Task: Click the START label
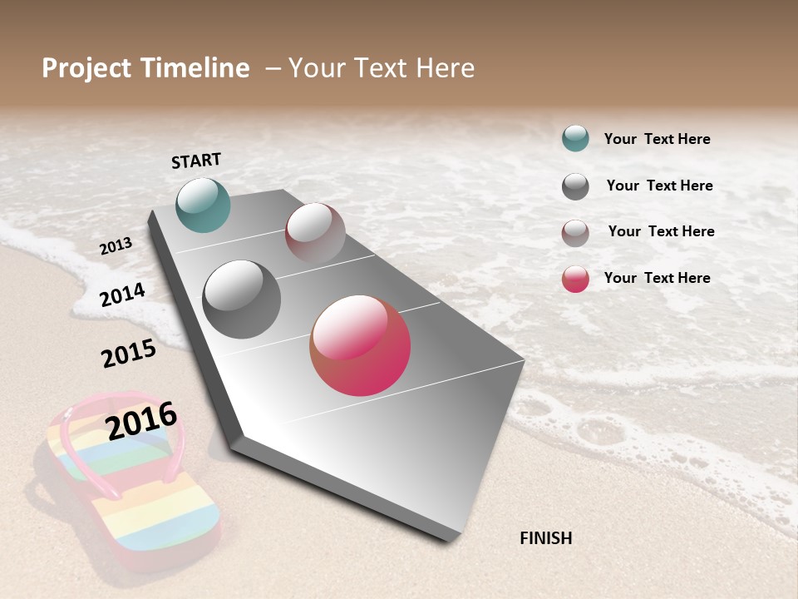tap(196, 161)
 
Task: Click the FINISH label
tap(545, 538)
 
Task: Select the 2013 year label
tap(116, 245)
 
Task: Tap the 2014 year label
tap(123, 295)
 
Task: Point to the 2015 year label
tap(129, 353)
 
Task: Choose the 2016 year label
tap(142, 420)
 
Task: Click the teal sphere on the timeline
tap(203, 205)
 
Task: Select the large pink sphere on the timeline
tap(360, 345)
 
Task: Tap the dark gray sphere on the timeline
tap(242, 299)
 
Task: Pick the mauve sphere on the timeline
tap(315, 233)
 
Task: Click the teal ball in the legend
tap(575, 138)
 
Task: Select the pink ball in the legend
tap(575, 279)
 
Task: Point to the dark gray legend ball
tap(575, 186)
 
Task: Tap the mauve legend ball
tap(575, 233)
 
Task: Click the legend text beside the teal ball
tap(657, 139)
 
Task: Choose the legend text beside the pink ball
tap(657, 278)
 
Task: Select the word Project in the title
tap(87, 68)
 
